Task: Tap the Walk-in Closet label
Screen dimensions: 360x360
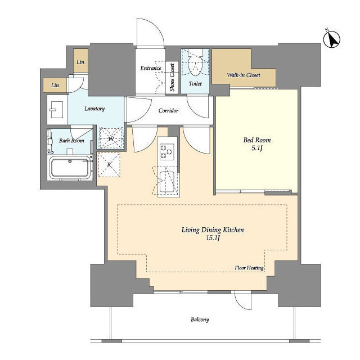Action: (x=244, y=75)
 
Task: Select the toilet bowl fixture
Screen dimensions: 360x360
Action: (x=195, y=64)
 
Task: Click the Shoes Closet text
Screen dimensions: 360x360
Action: (x=172, y=77)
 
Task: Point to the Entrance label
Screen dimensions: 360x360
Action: (x=151, y=68)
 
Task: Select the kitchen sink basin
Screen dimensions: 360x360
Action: (x=167, y=182)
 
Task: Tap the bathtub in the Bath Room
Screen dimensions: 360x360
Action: (x=70, y=168)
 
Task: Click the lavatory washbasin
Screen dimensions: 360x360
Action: (x=55, y=110)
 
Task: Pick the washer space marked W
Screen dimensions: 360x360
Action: (x=111, y=138)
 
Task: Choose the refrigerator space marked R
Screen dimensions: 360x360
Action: (x=109, y=165)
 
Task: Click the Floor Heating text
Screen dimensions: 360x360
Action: (x=249, y=268)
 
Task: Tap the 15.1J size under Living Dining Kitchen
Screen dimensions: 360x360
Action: (x=213, y=237)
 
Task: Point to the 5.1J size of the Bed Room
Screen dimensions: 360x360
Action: (x=256, y=148)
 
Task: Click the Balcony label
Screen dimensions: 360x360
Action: (x=200, y=319)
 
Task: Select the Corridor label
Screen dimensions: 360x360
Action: (x=168, y=111)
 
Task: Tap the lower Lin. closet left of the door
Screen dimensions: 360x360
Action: (x=55, y=85)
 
